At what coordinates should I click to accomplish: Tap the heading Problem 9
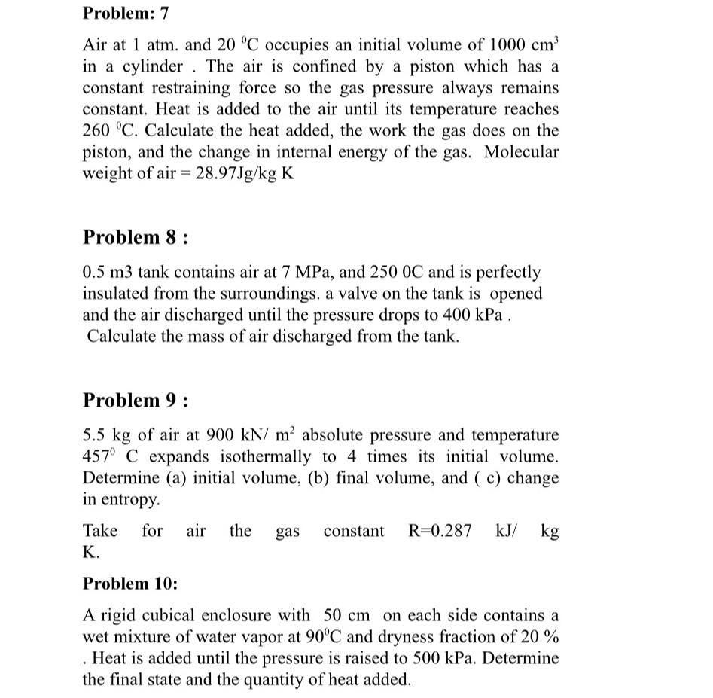coord(135,400)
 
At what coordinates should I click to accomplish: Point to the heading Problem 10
coord(130,584)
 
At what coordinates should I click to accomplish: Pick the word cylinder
coord(151,66)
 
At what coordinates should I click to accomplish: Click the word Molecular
coord(521,152)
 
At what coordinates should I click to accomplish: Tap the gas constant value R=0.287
coord(440,531)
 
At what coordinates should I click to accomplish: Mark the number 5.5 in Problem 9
coord(93,435)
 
